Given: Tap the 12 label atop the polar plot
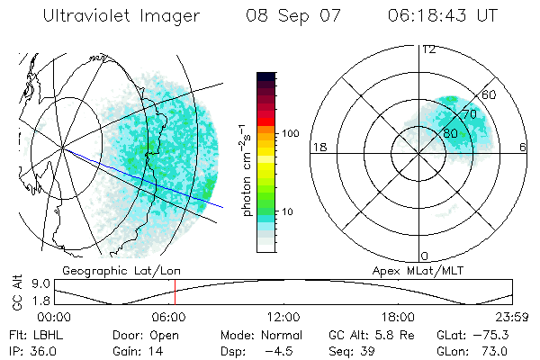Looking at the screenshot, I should [x=428, y=49].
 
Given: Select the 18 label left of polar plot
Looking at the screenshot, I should [x=318, y=147].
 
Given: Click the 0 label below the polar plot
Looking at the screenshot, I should [x=426, y=256].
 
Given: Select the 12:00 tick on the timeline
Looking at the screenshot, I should [x=283, y=317].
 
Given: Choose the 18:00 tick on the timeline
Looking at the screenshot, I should [x=398, y=317].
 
